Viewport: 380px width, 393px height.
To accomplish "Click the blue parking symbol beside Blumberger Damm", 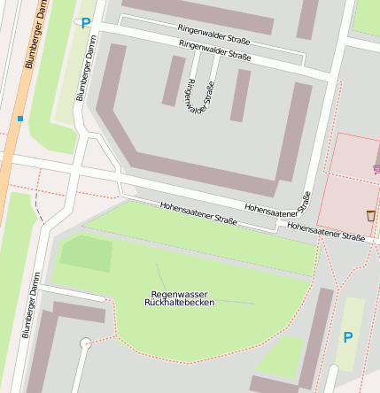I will [85, 24].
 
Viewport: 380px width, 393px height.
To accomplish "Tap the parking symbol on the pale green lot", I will [348, 337].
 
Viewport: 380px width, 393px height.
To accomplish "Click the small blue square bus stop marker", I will [19, 118].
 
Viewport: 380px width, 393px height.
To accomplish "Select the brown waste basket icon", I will [370, 215].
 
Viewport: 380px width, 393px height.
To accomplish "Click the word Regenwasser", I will [180, 293].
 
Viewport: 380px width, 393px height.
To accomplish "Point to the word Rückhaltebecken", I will [180, 303].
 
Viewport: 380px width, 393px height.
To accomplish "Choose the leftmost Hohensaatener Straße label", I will [198, 212].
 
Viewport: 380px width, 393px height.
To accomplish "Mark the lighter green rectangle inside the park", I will [86, 253].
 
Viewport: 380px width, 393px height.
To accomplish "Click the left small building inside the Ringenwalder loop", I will [173, 81].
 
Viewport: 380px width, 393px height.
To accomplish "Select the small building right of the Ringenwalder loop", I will [240, 95].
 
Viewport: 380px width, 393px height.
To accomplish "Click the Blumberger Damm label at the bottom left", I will [31, 305].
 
